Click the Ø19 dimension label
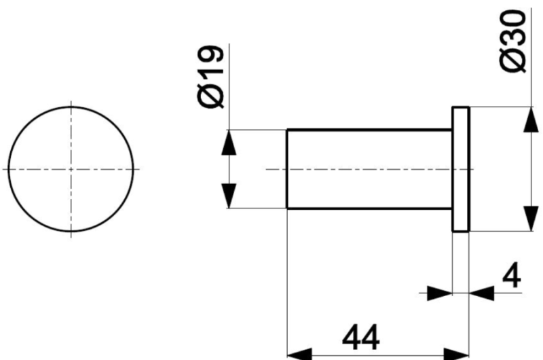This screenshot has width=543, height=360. pyautogui.click(x=210, y=77)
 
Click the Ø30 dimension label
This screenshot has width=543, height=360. pyautogui.click(x=513, y=41)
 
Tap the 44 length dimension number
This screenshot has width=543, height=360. pyautogui.click(x=361, y=337)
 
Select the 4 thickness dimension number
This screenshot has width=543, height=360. pyautogui.click(x=512, y=275)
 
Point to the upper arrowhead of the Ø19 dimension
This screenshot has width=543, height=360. pyautogui.click(x=229, y=143)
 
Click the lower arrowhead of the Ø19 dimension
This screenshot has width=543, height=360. pyautogui.click(x=229, y=196)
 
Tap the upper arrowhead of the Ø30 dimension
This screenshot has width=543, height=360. pyautogui.click(x=531, y=120)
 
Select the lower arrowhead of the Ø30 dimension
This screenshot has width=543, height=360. pyautogui.click(x=531, y=219)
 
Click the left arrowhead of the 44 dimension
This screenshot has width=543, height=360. pyautogui.click(x=300, y=355)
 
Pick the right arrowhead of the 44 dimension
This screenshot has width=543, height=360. pyautogui.click(x=456, y=355)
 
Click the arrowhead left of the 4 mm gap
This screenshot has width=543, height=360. pyautogui.click(x=440, y=293)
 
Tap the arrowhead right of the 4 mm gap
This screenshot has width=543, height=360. pyautogui.click(x=482, y=293)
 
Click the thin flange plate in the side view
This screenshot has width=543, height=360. pyautogui.click(x=461, y=169)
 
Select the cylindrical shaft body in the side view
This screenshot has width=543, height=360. pyautogui.click(x=369, y=169)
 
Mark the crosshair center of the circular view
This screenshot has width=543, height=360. pyautogui.click(x=71, y=169)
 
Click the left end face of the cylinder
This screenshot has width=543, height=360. pyautogui.click(x=287, y=169)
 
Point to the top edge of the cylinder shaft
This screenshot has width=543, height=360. pyautogui.click(x=369, y=130)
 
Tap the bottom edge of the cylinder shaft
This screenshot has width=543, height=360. pyautogui.click(x=369, y=209)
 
